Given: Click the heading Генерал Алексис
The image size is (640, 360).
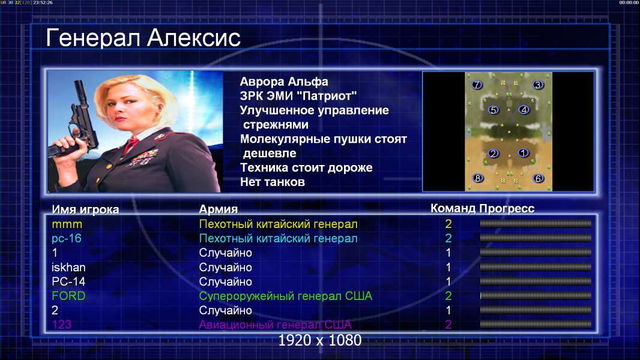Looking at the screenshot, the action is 143,38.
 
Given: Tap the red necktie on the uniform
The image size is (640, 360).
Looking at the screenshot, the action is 131,145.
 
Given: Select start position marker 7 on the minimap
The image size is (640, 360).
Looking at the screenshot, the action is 477,85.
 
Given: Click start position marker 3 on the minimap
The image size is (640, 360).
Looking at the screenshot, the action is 538,85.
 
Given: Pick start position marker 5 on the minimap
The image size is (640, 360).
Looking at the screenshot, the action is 494,110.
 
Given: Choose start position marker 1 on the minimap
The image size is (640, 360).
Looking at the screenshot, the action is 523,153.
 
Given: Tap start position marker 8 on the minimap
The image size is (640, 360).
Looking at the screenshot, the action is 477,178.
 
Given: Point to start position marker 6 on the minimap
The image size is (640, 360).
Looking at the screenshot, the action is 538,178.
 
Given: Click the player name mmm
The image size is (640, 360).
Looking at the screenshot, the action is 67,224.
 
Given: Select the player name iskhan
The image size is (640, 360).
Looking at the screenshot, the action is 68,268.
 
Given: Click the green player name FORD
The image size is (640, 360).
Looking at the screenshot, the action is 68,296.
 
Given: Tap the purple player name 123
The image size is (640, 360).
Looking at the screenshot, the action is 62,325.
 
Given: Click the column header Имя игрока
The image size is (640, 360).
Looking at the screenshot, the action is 85,209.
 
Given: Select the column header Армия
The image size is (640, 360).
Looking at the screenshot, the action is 219,209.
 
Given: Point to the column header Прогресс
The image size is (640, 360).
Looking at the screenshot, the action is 507,209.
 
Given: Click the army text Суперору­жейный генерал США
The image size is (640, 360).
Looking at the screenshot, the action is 286,296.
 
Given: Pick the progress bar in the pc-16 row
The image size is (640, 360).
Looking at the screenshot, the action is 536,238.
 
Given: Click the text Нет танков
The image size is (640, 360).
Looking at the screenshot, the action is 273,182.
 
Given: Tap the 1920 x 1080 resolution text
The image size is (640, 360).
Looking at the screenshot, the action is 320,340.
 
